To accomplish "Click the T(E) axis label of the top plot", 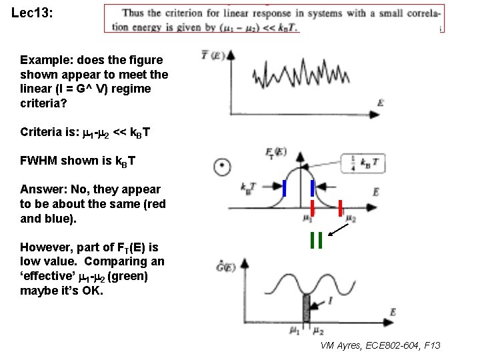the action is (x=213, y=56).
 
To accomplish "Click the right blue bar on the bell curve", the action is (x=311, y=188).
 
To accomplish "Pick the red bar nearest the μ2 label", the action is (x=341, y=208).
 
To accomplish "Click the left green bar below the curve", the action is (x=311, y=239).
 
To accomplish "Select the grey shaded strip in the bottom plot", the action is (x=307, y=311).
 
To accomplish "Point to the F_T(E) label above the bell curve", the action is (x=273, y=153).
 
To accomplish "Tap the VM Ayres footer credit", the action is (x=380, y=345).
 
